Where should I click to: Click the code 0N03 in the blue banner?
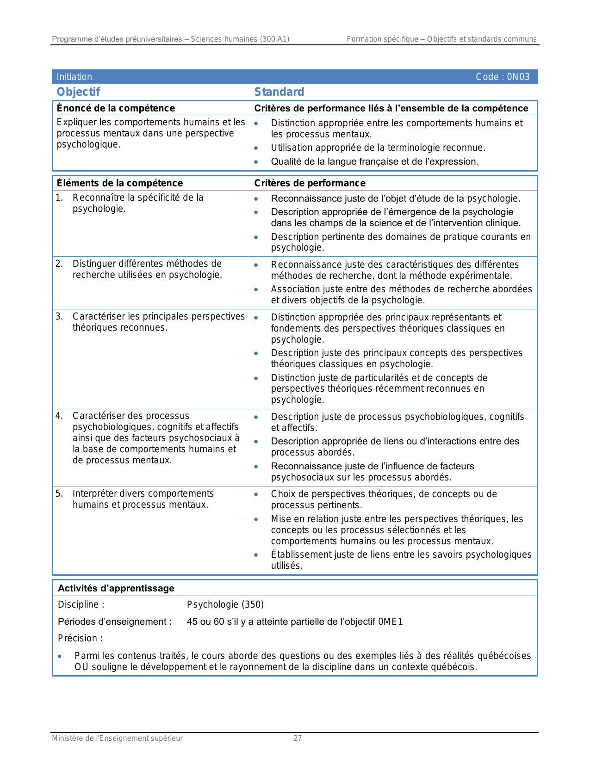coord(518,77)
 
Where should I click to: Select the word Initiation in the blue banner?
coord(75,77)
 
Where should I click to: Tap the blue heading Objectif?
coord(78,92)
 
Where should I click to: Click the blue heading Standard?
coord(279,92)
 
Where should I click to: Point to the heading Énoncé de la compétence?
coord(116,108)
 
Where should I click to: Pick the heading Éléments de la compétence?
coord(120,183)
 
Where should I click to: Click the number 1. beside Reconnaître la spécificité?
coord(59,198)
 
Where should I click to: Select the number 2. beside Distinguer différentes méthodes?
coord(59,264)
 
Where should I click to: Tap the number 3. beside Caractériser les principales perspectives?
coord(59,316)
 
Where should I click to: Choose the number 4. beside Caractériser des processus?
coord(59,416)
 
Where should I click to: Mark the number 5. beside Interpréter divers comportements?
coord(59,493)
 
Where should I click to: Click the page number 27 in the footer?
coord(298,738)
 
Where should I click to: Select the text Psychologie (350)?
coord(225,604)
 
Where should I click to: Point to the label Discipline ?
coord(81,604)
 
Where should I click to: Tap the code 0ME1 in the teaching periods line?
coord(391,621)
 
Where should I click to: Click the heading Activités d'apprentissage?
coord(116,588)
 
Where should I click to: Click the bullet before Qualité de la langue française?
coord(256,162)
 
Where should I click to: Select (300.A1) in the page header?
coord(274,39)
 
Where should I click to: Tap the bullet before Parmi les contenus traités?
coord(60,656)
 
